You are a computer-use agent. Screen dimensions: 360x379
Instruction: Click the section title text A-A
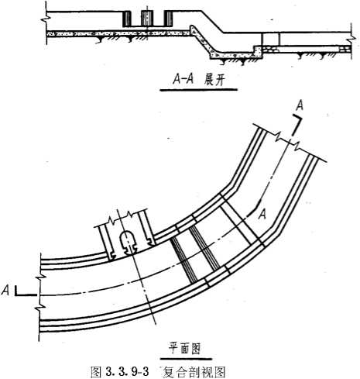point(183,80)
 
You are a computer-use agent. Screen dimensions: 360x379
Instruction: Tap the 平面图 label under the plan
point(185,349)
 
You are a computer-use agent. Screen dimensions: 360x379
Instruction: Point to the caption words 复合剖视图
point(194,371)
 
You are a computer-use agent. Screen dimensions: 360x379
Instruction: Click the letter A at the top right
point(300,106)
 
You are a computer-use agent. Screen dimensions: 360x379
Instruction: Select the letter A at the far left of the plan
point(5,291)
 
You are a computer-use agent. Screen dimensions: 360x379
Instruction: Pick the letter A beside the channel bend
point(262,215)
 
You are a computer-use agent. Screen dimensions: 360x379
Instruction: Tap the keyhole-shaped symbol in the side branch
point(128,242)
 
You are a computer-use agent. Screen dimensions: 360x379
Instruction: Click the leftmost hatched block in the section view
point(127,19)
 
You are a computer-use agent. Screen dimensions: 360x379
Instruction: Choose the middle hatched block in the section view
point(146,19)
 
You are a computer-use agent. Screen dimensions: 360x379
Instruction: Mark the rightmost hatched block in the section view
point(169,19)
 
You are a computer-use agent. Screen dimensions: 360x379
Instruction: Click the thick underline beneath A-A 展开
point(198,90)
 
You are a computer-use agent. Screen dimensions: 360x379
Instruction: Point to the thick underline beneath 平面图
point(186,359)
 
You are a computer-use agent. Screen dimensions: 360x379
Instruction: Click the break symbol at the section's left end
point(44,20)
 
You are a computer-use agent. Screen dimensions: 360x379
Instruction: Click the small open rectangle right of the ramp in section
point(270,40)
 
